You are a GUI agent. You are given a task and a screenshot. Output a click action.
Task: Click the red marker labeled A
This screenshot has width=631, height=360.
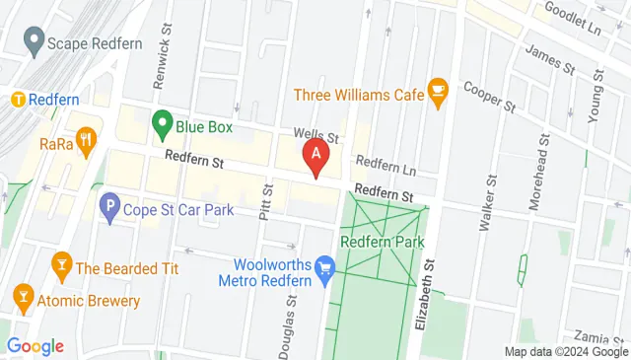click(x=315, y=155)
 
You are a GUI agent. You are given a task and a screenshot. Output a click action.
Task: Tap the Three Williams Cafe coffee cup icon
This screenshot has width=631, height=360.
click(x=439, y=95)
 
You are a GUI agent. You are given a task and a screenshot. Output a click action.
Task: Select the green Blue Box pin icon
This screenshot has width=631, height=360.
click(x=163, y=125)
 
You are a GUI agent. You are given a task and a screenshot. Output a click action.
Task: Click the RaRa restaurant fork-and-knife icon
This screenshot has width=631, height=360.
click(x=87, y=141)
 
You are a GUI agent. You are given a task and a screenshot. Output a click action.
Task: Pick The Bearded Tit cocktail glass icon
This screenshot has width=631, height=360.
click(x=61, y=266)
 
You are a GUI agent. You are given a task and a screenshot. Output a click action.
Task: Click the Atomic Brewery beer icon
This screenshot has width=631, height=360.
click(x=22, y=294)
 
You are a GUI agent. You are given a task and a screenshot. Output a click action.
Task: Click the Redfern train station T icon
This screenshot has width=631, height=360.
click(x=17, y=100)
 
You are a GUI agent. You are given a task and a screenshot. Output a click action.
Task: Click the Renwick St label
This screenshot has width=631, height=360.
click(x=163, y=66)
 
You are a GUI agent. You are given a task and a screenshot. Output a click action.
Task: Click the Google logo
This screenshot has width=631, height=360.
click(x=35, y=346)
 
